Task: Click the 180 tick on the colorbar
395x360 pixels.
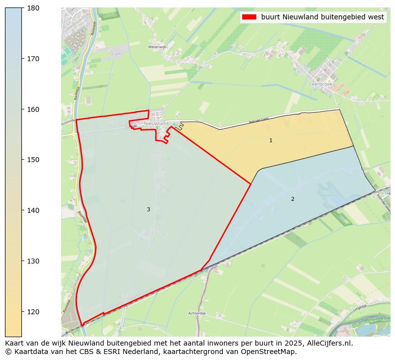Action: tap(33, 8)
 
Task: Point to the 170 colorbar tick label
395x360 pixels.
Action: tap(33, 59)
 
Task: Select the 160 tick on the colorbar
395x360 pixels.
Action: tap(33, 109)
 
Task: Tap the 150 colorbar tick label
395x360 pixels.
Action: tap(33, 160)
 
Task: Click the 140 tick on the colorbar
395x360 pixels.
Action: tap(33, 210)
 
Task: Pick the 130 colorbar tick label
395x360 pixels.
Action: tap(33, 261)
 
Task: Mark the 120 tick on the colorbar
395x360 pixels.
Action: tap(33, 312)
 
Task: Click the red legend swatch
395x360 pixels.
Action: tap(248, 17)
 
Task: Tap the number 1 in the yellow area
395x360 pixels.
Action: tap(271, 141)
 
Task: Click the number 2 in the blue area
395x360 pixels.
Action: tap(293, 199)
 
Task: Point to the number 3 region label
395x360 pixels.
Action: tap(148, 210)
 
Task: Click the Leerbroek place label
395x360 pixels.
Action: tap(320, 85)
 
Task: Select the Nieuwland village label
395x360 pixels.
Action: tap(156, 123)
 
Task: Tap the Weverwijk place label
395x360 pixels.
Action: tap(156, 47)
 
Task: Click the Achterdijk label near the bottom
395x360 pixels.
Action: tap(197, 313)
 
